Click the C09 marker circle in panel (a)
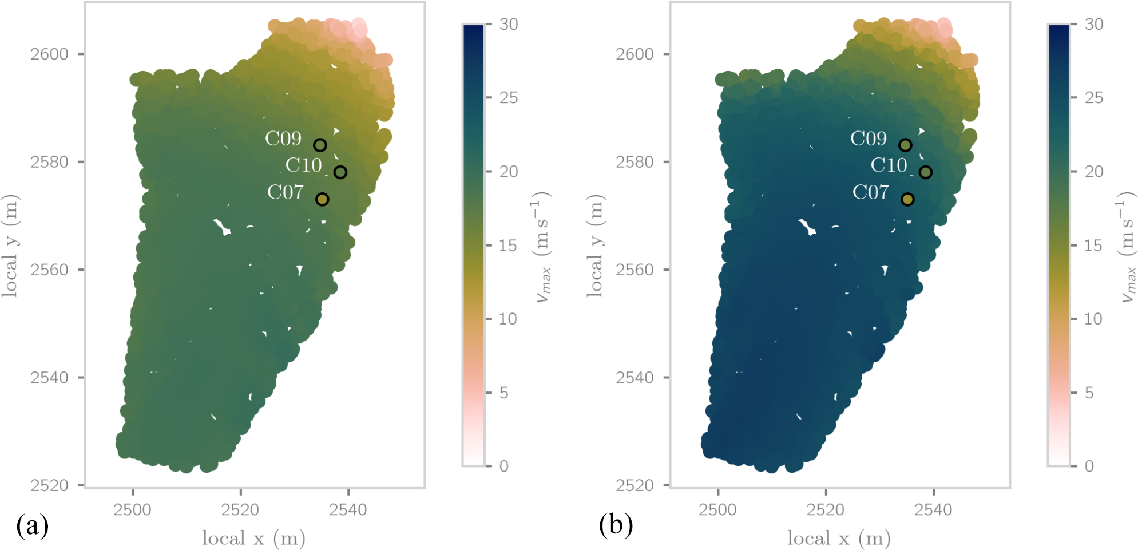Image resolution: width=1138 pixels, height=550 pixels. coord(320,145)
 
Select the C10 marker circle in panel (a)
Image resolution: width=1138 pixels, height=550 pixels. coord(340,172)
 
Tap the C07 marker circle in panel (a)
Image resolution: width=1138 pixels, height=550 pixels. coord(322,199)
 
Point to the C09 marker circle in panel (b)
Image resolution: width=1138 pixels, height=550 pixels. coord(905,145)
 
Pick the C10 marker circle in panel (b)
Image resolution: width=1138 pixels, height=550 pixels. coord(926,172)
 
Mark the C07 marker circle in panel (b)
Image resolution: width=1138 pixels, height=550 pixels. coord(907,199)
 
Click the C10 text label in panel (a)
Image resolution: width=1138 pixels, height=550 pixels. coord(303,165)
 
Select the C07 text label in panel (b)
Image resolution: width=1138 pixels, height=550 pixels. coord(870,192)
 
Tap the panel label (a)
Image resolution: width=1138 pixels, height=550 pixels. coord(32,525)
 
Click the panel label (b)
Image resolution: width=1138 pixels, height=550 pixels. coord(616,525)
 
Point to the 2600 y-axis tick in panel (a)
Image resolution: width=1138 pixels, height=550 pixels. coord(49,54)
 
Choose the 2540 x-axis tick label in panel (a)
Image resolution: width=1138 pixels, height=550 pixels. coord(348,509)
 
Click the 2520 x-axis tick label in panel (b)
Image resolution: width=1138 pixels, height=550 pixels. coord(825,509)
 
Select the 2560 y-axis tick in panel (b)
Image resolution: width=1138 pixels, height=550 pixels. coord(635,270)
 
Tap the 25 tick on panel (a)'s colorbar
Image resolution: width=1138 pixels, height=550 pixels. coord(508,98)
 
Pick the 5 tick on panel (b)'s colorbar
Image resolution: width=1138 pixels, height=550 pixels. coord(1089,393)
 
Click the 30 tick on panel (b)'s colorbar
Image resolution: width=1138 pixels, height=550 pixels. coord(1093,25)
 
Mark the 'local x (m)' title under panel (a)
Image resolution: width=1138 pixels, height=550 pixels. coord(253,538)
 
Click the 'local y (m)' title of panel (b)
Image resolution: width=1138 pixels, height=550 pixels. coord(595,246)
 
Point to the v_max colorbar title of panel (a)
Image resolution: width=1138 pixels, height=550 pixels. coord(541,246)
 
